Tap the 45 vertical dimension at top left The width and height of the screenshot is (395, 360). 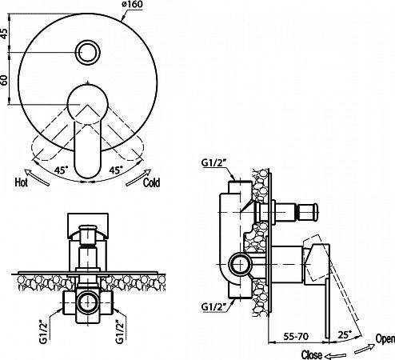(x=4, y=33)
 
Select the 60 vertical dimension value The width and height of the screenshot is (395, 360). (x=4, y=79)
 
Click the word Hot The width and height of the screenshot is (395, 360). (x=22, y=182)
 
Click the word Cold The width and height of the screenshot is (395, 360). (x=151, y=182)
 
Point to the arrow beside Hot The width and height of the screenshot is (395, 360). (x=37, y=177)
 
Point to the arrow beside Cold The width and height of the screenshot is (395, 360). (x=138, y=178)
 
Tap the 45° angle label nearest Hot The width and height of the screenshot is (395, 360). (x=62, y=170)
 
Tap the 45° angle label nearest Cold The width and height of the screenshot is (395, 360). (x=116, y=170)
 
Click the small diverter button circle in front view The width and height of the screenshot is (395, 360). (x=88, y=52)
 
